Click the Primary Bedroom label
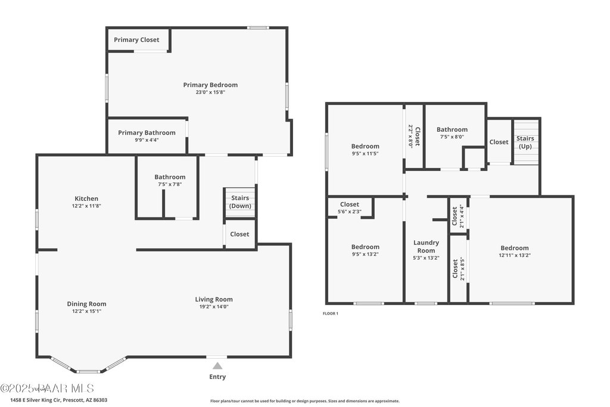[210, 85]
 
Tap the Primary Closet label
[137, 40]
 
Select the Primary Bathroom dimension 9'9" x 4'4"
[147, 140]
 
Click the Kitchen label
[86, 198]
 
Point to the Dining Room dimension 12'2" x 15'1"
[86, 311]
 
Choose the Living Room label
[214, 299]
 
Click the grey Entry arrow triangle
[217, 366]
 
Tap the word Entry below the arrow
[217, 377]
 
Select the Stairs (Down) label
[240, 202]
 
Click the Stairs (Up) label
[525, 142]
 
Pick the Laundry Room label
[427, 247]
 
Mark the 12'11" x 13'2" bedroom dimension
[514, 255]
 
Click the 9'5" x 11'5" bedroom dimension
[365, 153]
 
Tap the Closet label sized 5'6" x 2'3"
[350, 204]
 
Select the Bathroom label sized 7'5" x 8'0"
[452, 129]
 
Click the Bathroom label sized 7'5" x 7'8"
[170, 177]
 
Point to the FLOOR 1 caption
[330, 313]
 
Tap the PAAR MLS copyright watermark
[47, 389]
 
